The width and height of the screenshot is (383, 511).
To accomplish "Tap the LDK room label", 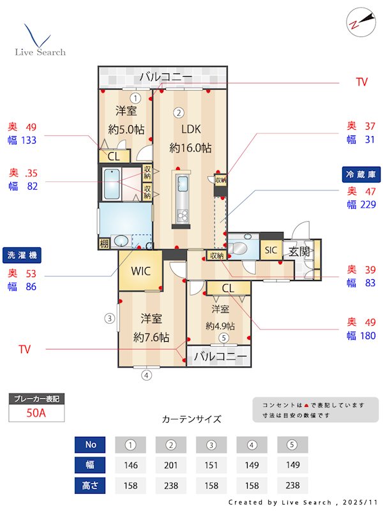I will click(190, 130).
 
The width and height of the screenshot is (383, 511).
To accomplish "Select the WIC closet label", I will click(140, 271).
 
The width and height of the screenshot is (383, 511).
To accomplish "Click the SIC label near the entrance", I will click(271, 250).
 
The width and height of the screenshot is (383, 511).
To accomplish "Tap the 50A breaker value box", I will click(36, 413).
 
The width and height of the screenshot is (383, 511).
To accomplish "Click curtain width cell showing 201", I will click(170, 464).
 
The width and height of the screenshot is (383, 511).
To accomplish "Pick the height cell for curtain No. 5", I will click(292, 485).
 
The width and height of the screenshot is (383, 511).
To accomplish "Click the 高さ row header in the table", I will click(90, 485).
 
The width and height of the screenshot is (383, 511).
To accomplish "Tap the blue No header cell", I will click(90, 445).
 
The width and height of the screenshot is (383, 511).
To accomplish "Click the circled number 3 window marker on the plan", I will click(110, 317).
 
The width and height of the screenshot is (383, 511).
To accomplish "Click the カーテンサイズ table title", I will click(191, 420).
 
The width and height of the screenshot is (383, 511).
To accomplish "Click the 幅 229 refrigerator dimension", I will click(361, 204).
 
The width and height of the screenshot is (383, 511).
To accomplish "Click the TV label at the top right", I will click(361, 82).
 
